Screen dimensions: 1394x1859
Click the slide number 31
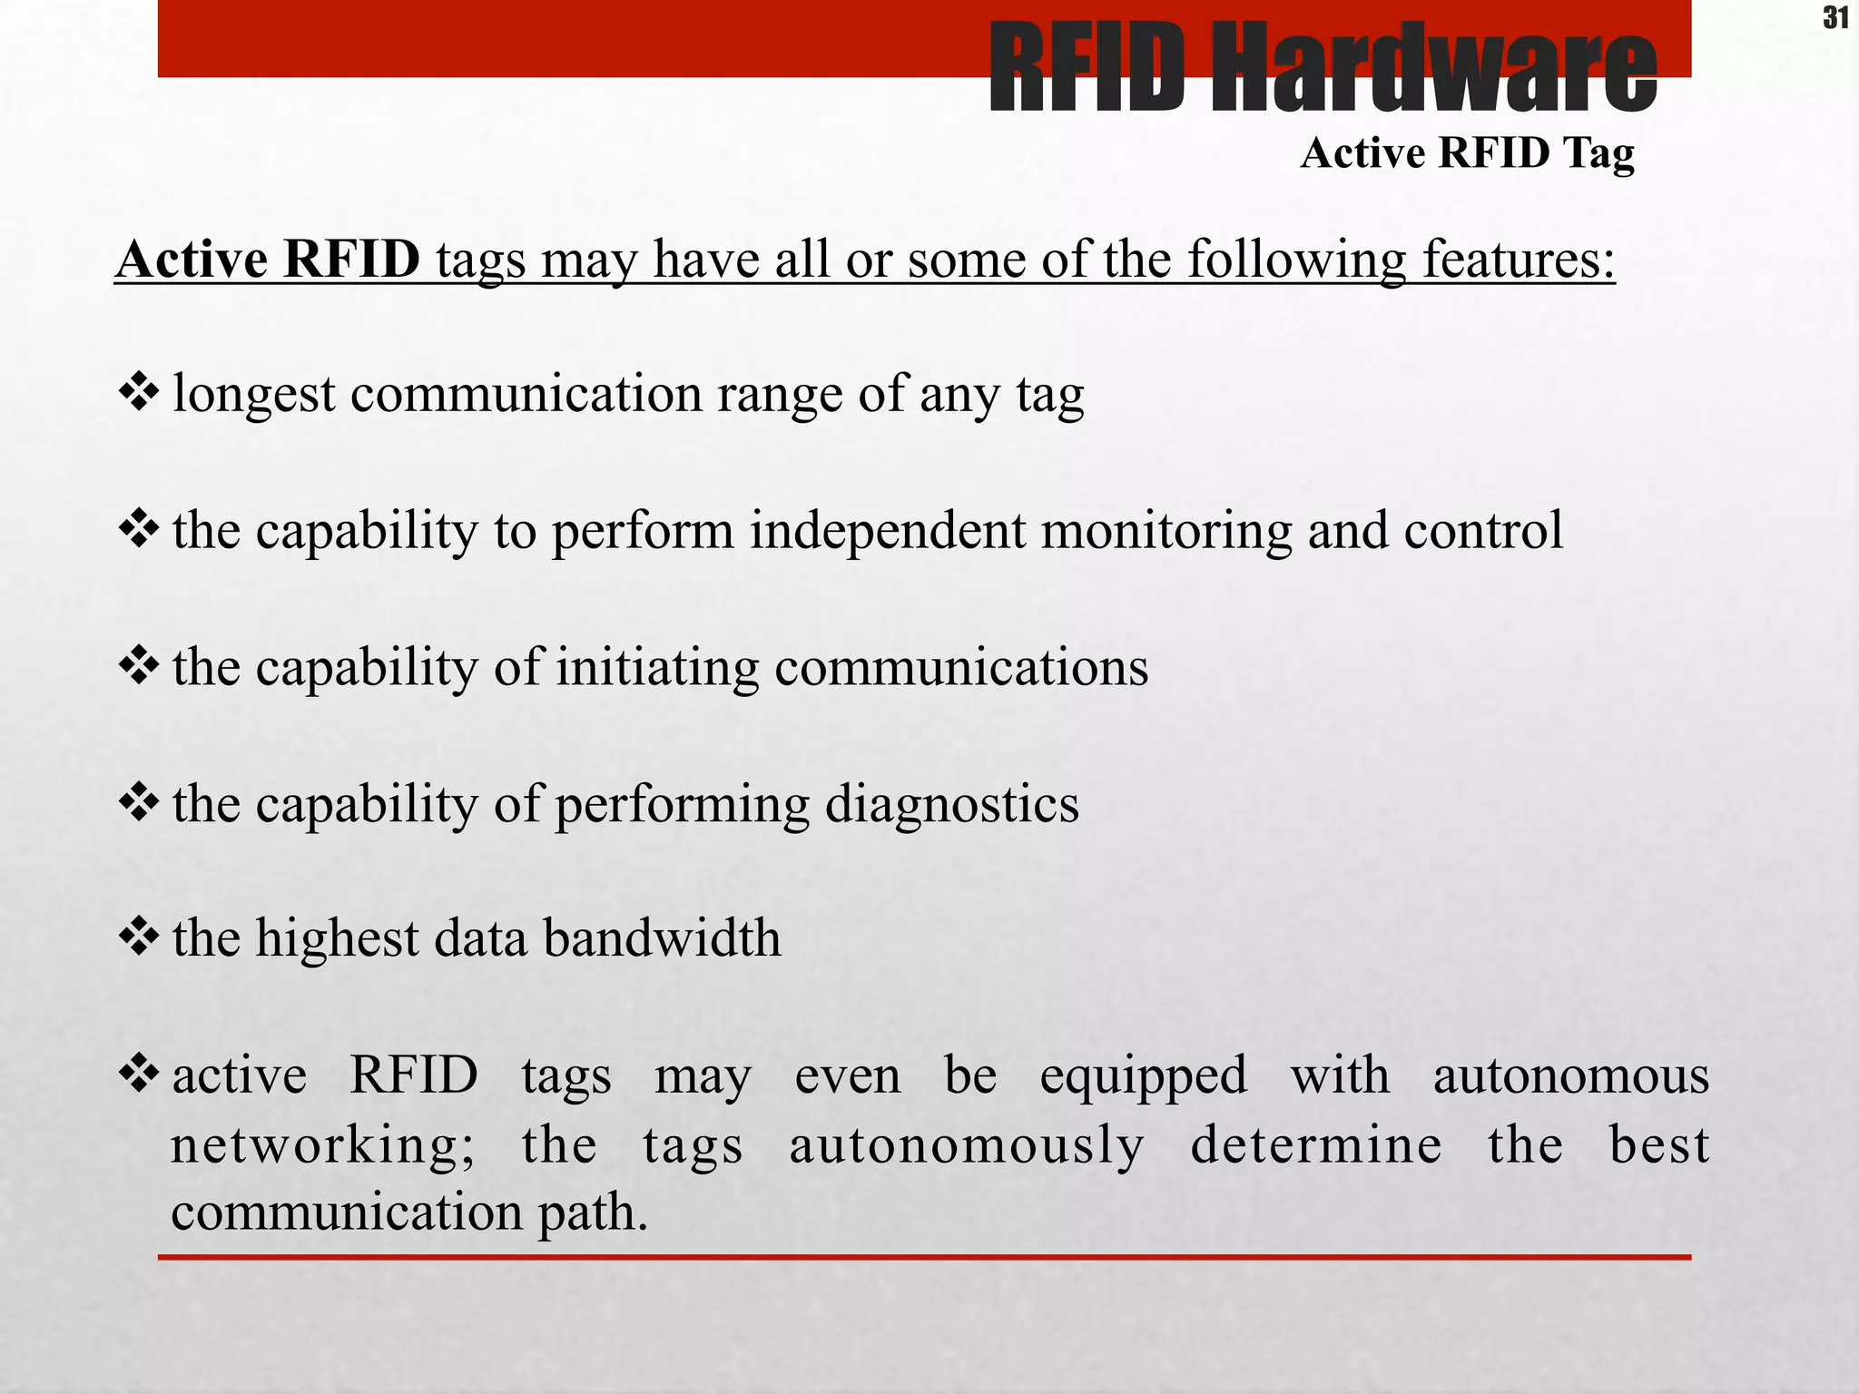point(1834,18)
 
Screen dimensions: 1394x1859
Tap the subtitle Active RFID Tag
point(1467,152)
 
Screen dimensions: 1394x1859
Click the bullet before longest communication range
point(138,392)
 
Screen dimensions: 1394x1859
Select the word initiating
point(657,668)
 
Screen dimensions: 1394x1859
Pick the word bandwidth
point(662,938)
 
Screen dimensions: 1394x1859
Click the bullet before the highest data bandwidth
point(138,937)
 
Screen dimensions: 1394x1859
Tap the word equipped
point(1143,1077)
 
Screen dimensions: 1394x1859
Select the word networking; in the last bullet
point(322,1145)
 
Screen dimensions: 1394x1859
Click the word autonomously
point(967,1145)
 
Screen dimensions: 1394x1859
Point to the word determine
point(1315,1145)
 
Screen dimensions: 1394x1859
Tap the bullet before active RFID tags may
point(138,1074)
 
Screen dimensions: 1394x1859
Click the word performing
point(682,805)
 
